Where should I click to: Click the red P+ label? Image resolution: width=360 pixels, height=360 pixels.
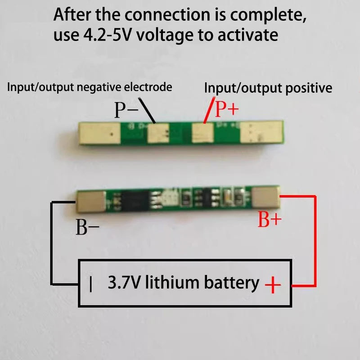click(227, 109)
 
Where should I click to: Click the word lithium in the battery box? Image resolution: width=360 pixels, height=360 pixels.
click(171, 283)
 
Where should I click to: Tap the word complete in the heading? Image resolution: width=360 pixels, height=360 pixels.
click(265, 15)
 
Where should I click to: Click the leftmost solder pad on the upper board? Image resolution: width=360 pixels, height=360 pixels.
click(100, 133)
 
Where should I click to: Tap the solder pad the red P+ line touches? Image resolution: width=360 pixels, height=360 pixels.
click(202, 133)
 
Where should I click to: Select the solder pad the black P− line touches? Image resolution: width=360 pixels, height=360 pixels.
click(158, 133)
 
